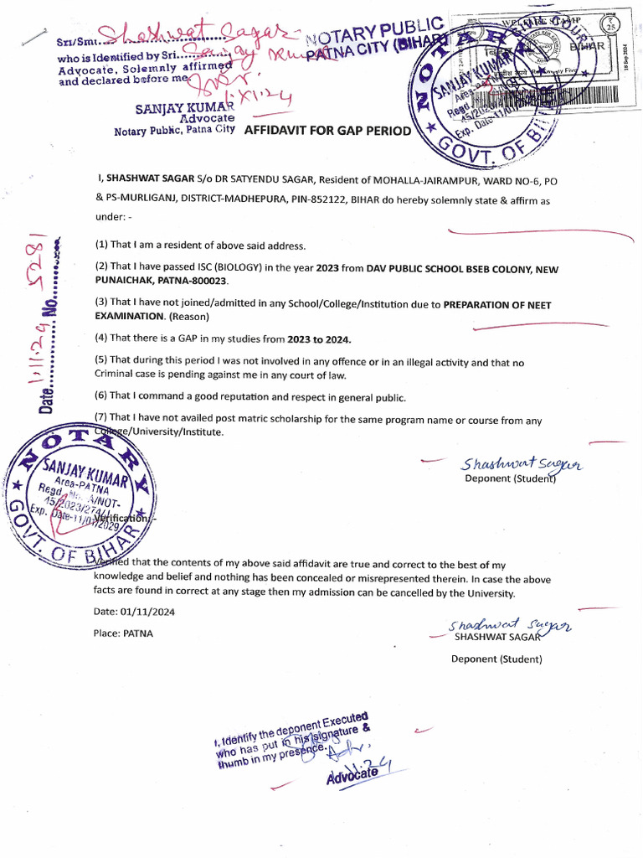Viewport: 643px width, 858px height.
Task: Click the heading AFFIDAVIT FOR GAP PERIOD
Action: coord(327,131)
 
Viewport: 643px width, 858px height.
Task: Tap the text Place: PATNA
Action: coord(123,633)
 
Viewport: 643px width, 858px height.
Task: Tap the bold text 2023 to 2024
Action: coord(315,339)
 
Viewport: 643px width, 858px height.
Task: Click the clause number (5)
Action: coord(101,362)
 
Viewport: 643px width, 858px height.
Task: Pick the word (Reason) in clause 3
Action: coord(188,317)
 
